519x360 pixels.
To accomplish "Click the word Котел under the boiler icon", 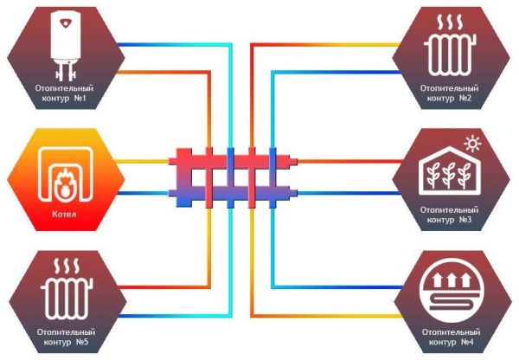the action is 64,214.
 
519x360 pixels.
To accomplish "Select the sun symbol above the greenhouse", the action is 472,144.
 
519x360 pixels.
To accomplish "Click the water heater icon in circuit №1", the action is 66,46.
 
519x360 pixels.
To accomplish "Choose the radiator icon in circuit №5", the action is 67,289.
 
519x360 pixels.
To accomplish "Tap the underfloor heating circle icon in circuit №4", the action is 451,290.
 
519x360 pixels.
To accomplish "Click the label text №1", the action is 80,99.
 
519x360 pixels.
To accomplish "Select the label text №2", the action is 465,99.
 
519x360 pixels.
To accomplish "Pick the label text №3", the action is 465,220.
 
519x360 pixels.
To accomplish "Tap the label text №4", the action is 467,342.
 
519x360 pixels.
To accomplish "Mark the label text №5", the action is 82,342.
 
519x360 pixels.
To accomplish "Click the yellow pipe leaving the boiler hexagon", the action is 143,162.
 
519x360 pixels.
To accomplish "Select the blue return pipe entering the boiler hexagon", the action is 143,193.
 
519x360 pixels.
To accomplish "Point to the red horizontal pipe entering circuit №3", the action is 349,162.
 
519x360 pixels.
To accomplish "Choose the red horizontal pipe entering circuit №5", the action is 163,287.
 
